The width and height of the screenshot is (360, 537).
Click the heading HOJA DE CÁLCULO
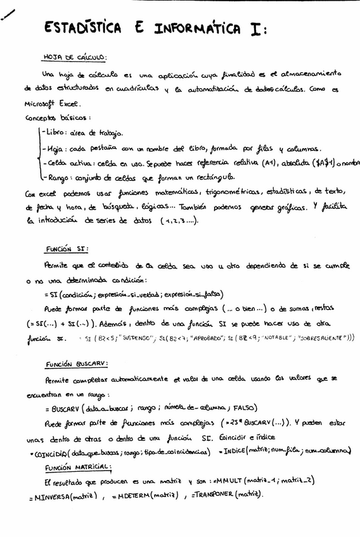74,56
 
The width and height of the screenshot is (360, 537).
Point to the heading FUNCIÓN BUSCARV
77,364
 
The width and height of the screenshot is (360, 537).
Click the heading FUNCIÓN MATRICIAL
79,467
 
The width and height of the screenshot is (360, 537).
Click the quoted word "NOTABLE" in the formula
281,338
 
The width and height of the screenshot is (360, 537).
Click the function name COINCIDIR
50,452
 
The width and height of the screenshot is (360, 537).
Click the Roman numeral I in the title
256,29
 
